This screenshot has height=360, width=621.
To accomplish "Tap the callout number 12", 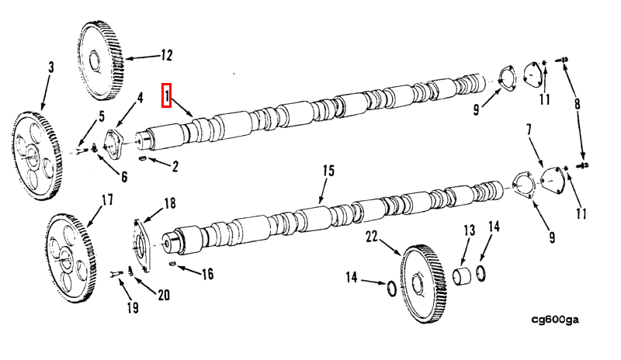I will click(166, 55).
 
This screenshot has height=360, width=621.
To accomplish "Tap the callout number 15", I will click(328, 171).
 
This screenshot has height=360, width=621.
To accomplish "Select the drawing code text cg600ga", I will click(556, 319).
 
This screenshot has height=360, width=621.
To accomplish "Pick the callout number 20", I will click(163, 294).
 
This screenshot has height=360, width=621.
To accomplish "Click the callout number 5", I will click(100, 117).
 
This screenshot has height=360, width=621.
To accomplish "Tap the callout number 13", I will click(469, 230).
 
